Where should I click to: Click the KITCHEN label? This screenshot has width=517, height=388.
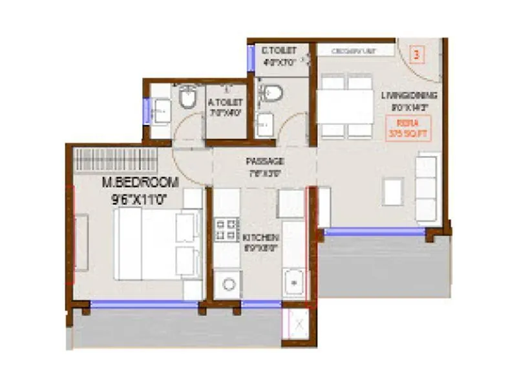pyautogui.click(x=262, y=237)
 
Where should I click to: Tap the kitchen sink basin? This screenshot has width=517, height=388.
pyautogui.click(x=294, y=282)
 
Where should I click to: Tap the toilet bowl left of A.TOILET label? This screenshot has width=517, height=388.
pyautogui.click(x=188, y=98)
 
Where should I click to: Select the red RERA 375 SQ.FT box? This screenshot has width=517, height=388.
pyautogui.click(x=408, y=127)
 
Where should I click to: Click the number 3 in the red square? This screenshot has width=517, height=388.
pyautogui.click(x=416, y=55)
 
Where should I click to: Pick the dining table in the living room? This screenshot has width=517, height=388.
pyautogui.click(x=346, y=106)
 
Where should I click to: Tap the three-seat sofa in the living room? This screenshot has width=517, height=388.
pyautogui.click(x=426, y=188)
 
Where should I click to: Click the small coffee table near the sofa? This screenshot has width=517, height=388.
pyautogui.click(x=394, y=192)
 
